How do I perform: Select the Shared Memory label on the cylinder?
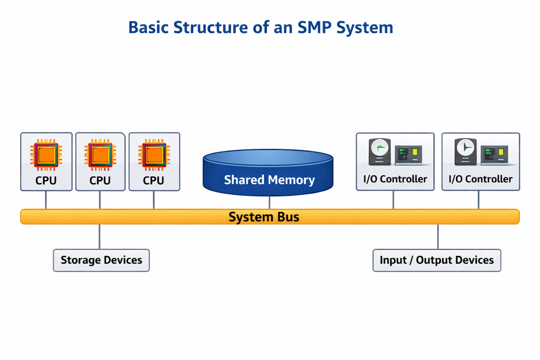[269, 180]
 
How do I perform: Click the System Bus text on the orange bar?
[264, 217]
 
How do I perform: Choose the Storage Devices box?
[101, 260]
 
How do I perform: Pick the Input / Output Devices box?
[437, 260]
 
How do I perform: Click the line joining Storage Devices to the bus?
[99, 237]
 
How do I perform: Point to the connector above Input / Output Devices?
[438, 237]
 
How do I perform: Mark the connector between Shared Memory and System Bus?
[269, 202]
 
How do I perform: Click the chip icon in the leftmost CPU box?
[46, 155]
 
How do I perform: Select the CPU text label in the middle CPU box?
[100, 180]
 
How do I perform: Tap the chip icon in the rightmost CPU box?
[154, 155]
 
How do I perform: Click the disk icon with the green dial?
[380, 152]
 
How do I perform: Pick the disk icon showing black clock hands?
[465, 152]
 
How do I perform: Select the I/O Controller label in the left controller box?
[395, 179]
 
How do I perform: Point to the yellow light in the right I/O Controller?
[501, 152]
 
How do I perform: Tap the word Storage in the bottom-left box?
[81, 260]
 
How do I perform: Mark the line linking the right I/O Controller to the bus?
[478, 200]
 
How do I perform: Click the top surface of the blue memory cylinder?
[268, 157]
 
